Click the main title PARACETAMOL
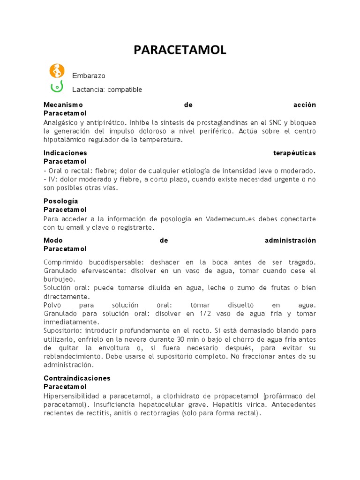(180, 50)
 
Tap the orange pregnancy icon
(56, 71)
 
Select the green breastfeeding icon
(56, 87)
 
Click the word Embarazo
(89, 75)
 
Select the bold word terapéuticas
(294, 153)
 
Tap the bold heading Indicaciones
(65, 153)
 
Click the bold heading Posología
(60, 201)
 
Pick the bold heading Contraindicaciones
(77, 378)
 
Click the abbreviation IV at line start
(52, 179)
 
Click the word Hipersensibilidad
(71, 396)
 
